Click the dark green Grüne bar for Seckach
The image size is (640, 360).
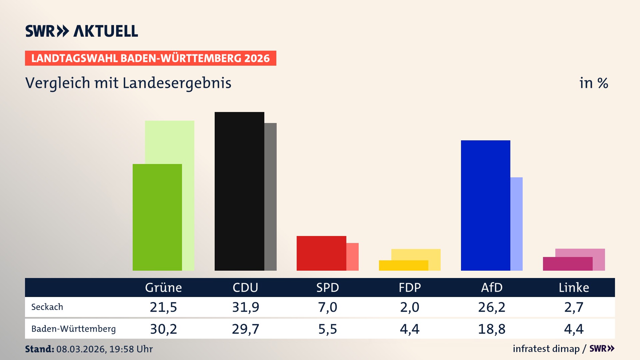tap(157, 217)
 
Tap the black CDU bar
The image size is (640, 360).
tap(239, 191)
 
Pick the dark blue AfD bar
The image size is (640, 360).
tap(485, 205)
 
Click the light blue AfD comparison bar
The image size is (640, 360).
tap(516, 224)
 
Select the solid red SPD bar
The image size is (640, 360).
tap(321, 253)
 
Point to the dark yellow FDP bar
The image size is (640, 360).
tap(403, 265)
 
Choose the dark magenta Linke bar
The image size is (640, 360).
tap(567, 264)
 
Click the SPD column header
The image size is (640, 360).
tap(327, 287)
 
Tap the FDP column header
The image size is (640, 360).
tap(410, 287)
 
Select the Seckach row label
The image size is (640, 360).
tap(47, 307)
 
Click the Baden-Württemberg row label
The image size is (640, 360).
tap(73, 329)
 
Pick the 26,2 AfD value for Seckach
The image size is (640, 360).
tap(492, 307)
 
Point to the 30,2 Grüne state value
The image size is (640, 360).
tap(163, 329)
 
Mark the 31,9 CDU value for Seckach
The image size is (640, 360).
tap(245, 307)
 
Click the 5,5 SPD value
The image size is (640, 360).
tap(327, 329)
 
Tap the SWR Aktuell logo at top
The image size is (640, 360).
tap(82, 31)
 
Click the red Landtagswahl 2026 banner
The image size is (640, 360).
tap(150, 58)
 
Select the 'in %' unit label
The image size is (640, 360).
tap(593, 83)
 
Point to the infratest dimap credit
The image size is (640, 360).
tap(546, 349)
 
